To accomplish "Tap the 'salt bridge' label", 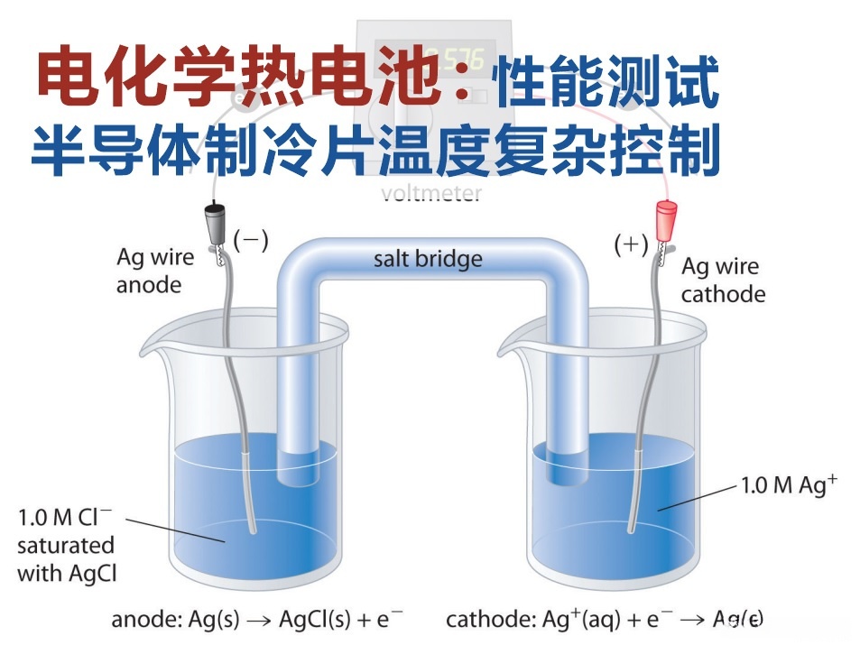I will point(428,260).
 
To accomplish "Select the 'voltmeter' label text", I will point(431,193).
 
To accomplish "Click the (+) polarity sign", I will point(630,244).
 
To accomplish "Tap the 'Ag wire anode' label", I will point(155,271).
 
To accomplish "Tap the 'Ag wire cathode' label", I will point(722,281).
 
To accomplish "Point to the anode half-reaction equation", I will point(256,620).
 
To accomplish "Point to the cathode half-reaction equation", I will point(604,620).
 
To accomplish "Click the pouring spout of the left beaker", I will point(149,348).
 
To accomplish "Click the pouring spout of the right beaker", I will point(511,348).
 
